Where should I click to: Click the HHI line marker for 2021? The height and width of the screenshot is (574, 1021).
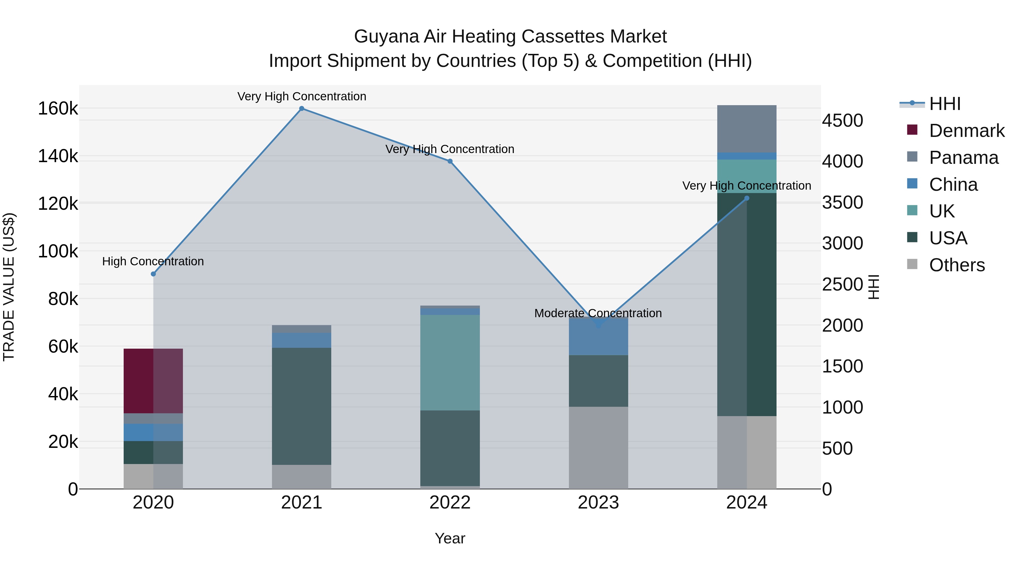pos(302,109)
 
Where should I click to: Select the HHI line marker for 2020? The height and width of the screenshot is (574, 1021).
pos(153,274)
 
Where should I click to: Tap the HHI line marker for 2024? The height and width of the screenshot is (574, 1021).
pos(747,198)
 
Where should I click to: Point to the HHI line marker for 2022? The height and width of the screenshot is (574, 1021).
pos(450,161)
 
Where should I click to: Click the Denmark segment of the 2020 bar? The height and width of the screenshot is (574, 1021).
pos(153,381)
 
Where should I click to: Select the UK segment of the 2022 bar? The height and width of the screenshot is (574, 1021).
pos(450,363)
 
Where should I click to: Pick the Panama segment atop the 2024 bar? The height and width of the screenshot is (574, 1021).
pos(747,129)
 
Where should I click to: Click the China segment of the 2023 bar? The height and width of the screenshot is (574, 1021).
pos(598,337)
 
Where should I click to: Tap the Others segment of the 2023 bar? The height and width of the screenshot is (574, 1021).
pos(598,448)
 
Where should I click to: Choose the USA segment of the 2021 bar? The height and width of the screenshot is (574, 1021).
pos(302,406)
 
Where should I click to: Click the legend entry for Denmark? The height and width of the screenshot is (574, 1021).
pos(966,131)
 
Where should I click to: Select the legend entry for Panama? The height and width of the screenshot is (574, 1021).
pos(963,158)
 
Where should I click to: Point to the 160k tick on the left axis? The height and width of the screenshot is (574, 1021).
pos(58,109)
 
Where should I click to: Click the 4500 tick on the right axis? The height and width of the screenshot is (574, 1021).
pos(842,120)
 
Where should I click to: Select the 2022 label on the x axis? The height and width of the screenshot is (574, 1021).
pos(450,503)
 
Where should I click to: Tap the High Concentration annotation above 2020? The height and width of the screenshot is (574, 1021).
pos(153,261)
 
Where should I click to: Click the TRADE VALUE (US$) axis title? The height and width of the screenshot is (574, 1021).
pos(9,287)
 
